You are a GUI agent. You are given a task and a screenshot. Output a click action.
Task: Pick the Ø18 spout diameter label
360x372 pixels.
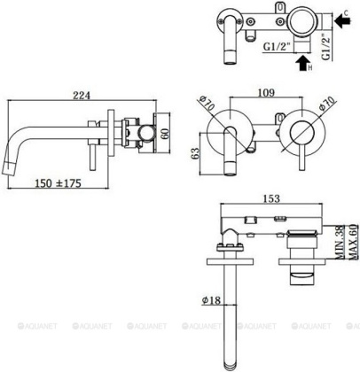click(x=210, y=300)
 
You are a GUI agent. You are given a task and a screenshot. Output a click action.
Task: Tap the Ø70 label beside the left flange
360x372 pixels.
click(x=207, y=109)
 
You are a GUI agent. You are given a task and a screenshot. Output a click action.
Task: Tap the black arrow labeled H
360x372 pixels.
click(x=301, y=63)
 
